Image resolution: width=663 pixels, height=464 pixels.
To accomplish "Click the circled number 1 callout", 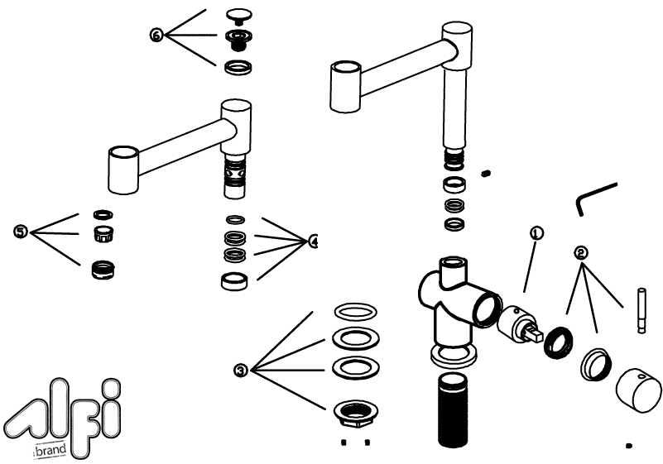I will click(x=537, y=233).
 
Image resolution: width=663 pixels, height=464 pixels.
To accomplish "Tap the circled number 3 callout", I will click(x=240, y=370).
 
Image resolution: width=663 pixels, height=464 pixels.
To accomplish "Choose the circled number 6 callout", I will click(x=156, y=35).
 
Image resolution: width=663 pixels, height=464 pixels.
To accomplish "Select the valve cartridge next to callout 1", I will click(x=520, y=323).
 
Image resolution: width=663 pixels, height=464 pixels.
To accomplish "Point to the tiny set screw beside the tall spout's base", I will click(x=488, y=173).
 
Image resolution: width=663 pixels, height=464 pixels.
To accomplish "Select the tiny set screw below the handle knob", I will click(x=629, y=446).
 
